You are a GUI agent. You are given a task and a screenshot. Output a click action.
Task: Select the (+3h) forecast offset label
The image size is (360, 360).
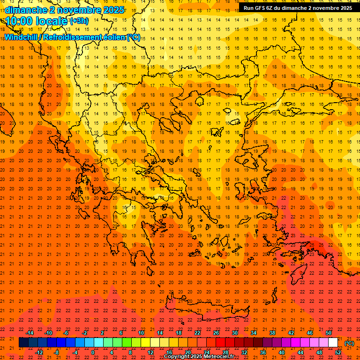tap(79, 21)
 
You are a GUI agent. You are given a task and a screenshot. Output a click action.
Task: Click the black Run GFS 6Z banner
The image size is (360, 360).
tap(298, 7)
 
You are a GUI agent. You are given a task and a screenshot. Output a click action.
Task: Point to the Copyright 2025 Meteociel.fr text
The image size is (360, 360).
tap(199, 357)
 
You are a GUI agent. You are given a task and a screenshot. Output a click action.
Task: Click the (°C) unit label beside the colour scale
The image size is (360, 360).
tap(349, 343)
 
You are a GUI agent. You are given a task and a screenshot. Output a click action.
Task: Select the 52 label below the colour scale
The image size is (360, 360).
tap(338, 352)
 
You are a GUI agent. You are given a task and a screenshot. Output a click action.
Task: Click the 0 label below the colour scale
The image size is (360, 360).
tap(92, 352)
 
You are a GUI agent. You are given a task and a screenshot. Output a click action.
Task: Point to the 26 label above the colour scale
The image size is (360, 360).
tap(216, 333)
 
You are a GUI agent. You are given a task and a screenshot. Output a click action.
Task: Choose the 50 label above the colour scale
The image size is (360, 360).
tap(329, 333)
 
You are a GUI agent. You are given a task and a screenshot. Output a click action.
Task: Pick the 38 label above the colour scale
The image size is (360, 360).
tap(272, 333)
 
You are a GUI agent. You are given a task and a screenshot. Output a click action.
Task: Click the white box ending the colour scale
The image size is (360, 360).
tap(333, 343)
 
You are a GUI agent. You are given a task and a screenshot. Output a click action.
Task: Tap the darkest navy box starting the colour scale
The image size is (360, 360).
tap(23, 343)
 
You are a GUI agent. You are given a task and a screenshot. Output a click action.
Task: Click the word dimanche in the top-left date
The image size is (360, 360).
tap(26, 10)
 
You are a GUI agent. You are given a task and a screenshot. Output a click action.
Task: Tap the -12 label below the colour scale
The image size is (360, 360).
tap(39, 352)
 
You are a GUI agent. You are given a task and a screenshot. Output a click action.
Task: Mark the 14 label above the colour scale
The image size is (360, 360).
tap(160, 333)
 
